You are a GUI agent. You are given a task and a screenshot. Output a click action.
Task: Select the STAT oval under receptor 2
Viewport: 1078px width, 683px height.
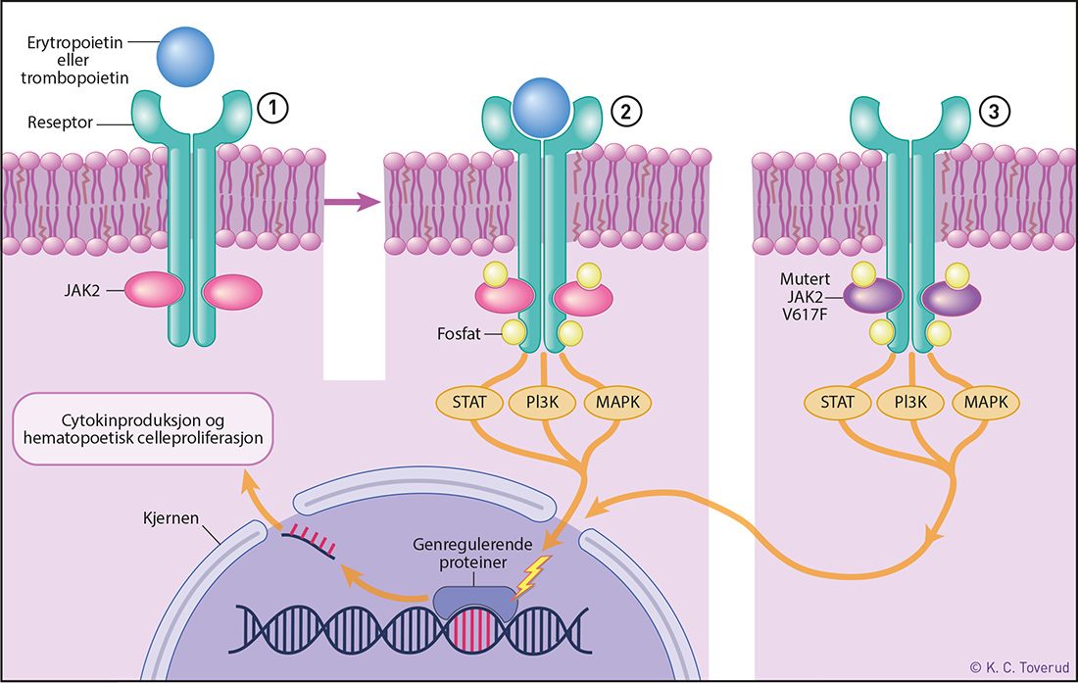click(x=469, y=401)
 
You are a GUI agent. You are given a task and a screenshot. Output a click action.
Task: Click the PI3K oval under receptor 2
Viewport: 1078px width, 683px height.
click(x=543, y=401)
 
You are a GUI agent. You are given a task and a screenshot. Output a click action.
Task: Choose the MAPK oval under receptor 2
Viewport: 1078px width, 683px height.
click(x=616, y=401)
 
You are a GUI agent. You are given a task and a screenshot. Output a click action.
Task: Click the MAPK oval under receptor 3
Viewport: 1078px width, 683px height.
click(x=985, y=402)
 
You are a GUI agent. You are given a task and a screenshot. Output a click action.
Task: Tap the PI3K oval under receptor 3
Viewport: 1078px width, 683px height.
click(x=911, y=402)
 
